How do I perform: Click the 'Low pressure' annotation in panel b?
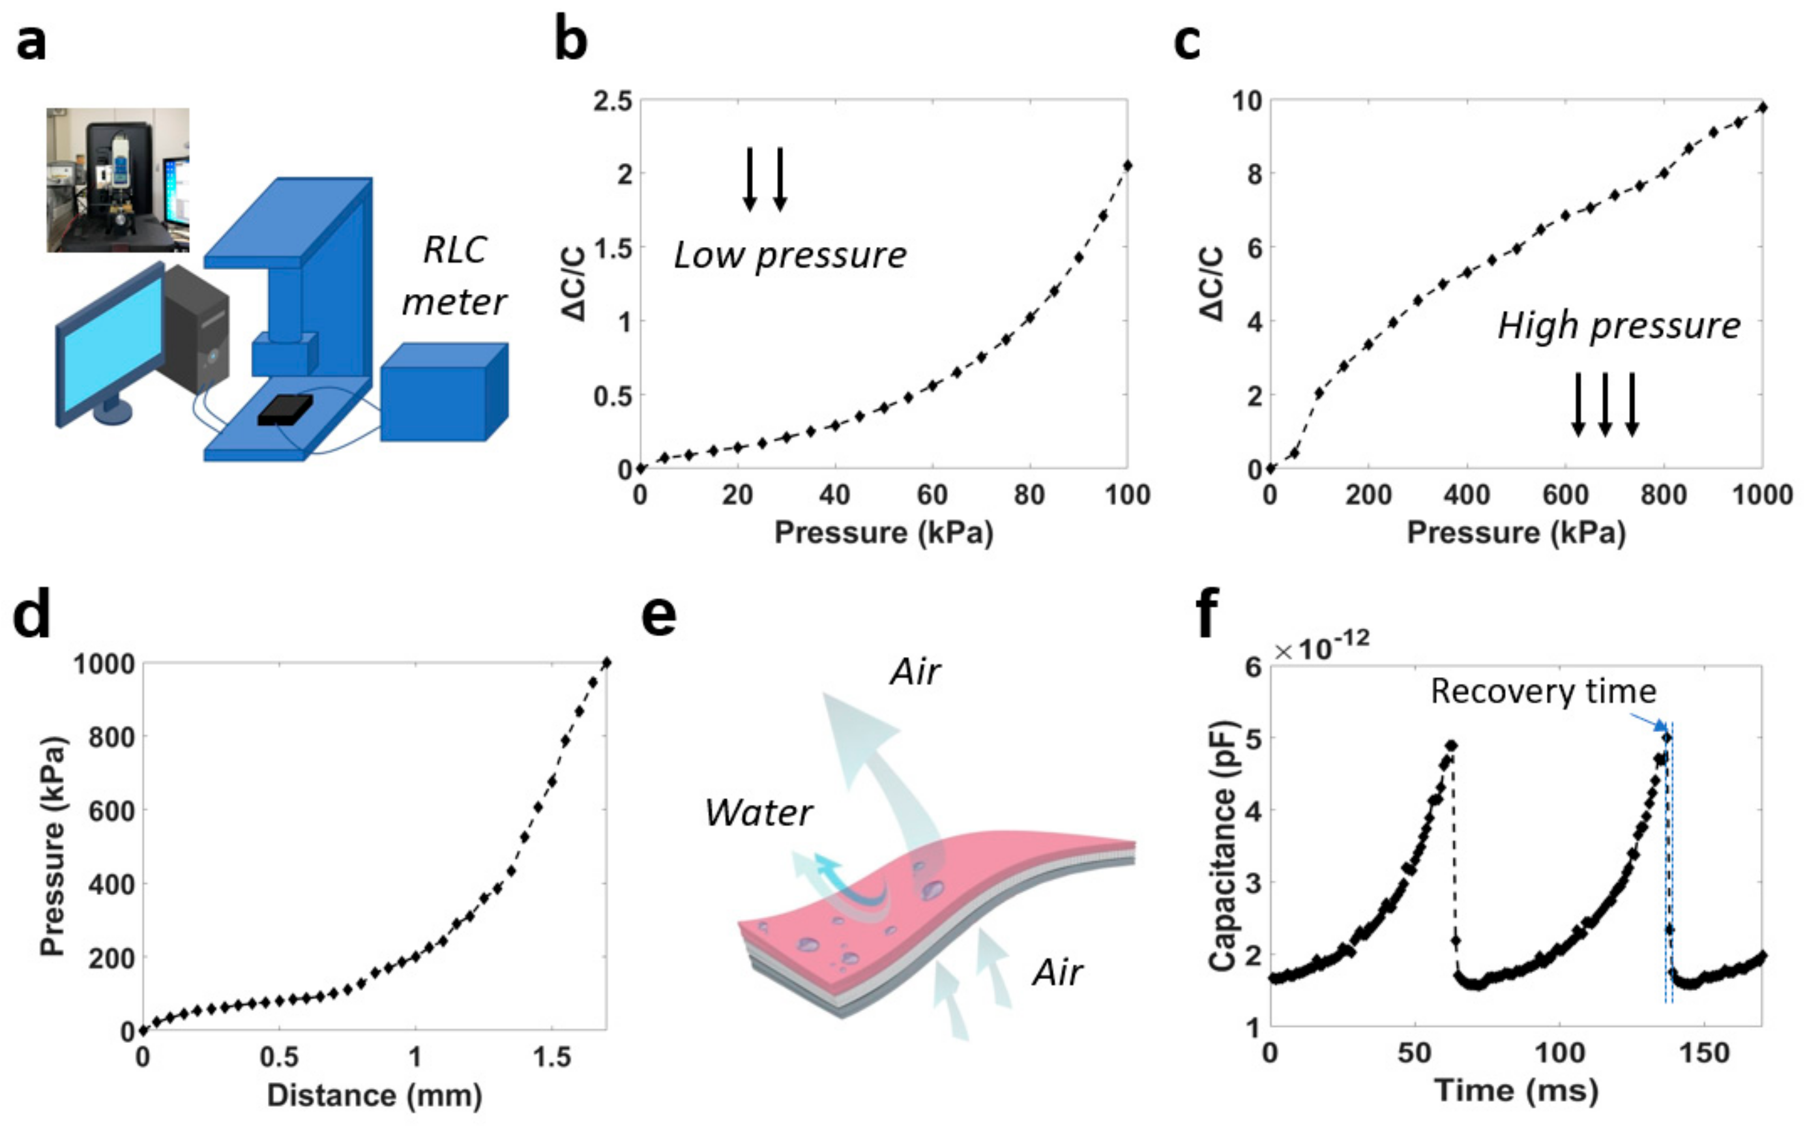[790, 256]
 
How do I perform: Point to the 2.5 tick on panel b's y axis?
[612, 101]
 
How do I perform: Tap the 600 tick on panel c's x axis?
[1565, 494]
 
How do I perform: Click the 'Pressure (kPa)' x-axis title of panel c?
[1516, 533]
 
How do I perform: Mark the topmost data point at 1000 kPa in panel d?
[606, 662]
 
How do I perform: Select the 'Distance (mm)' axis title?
[374, 1095]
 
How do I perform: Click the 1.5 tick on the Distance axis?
[551, 1057]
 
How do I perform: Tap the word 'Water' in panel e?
[758, 813]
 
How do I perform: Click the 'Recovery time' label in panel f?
[1543, 692]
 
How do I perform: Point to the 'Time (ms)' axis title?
[1516, 1091]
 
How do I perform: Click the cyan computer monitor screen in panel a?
[112, 344]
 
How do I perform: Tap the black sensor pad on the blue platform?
[284, 409]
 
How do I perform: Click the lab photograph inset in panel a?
[118, 180]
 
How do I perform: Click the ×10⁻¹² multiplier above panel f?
[1321, 648]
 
